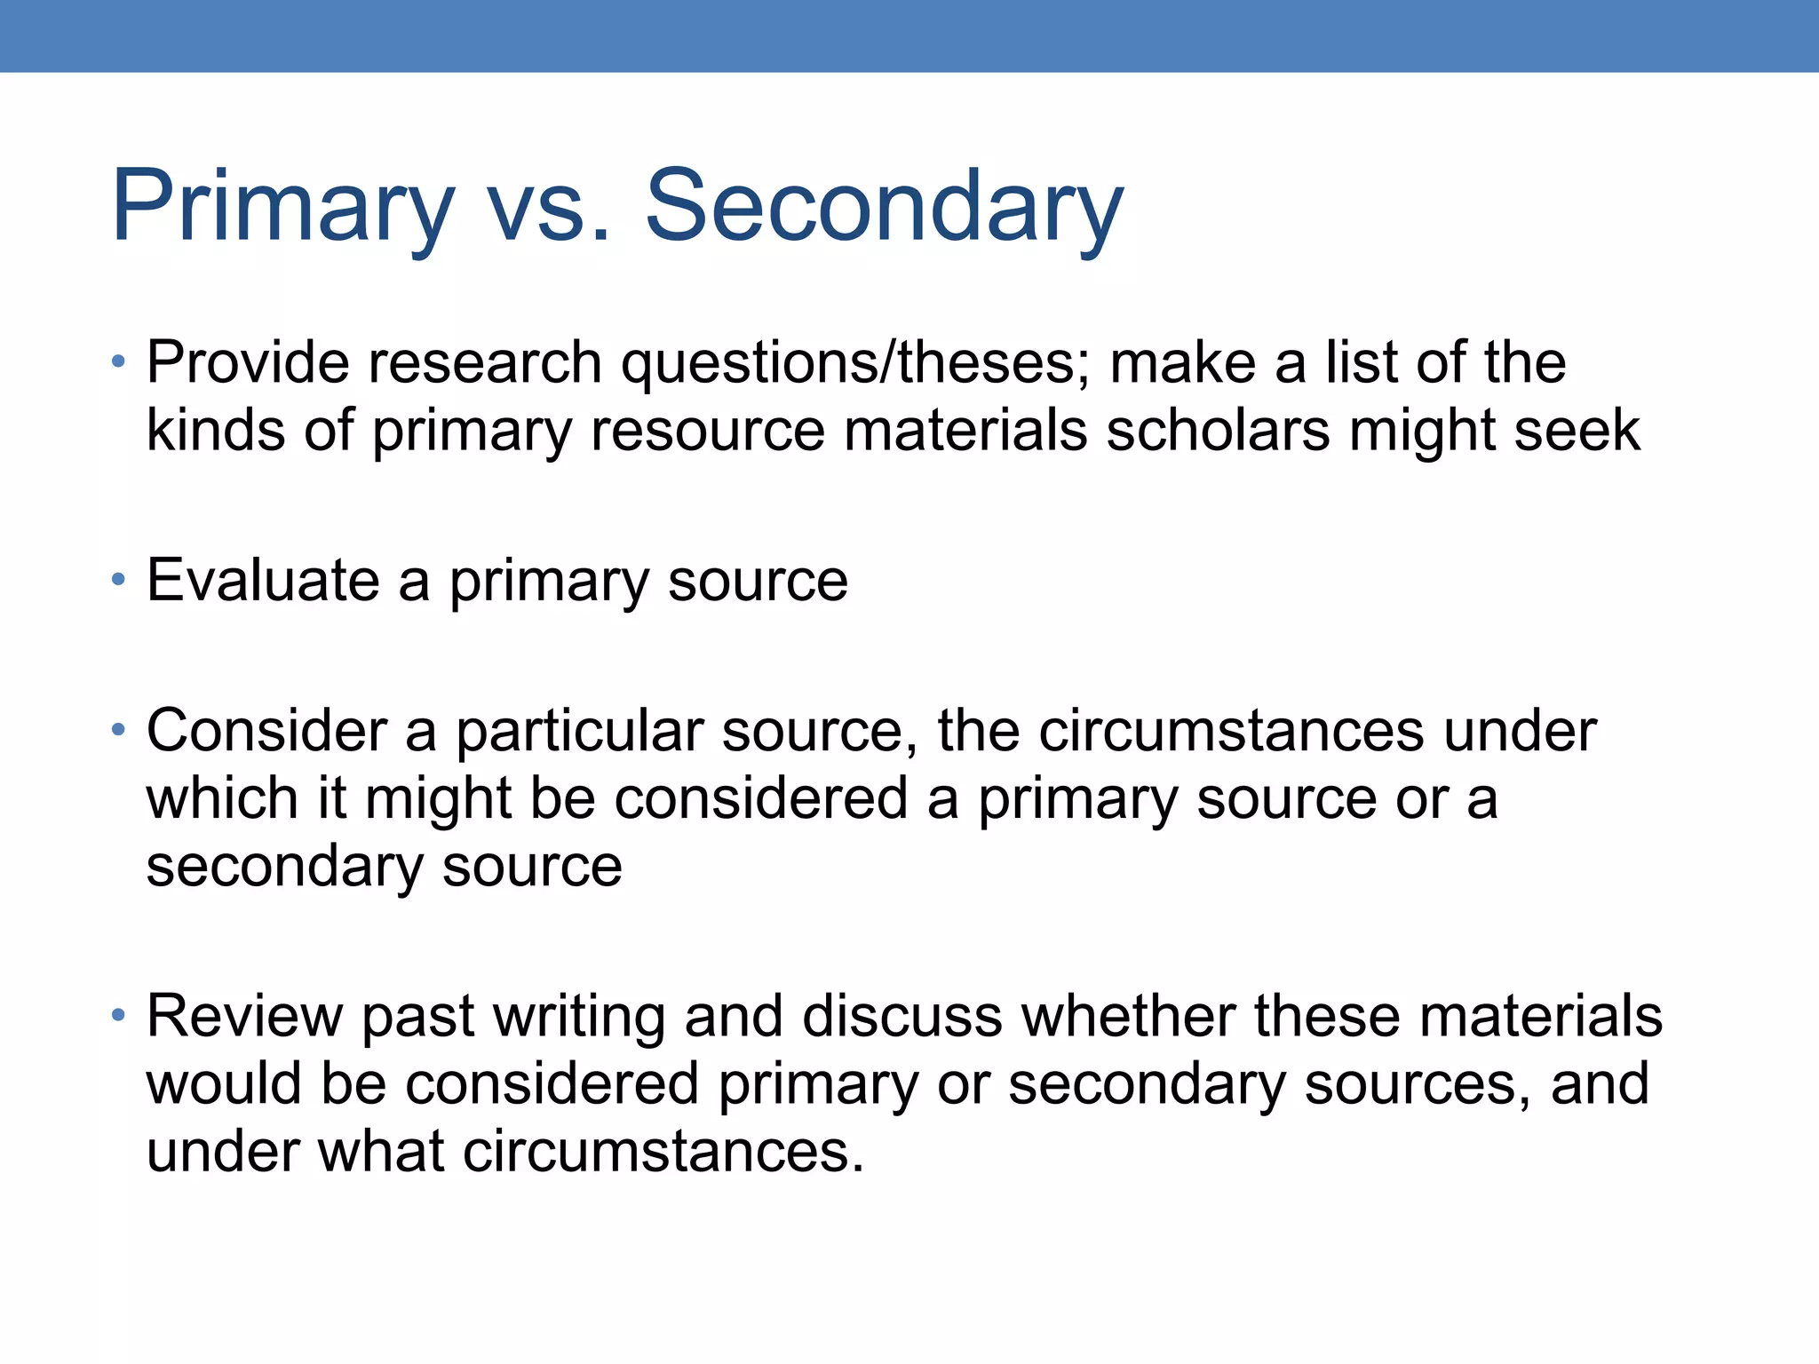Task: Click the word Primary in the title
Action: click(x=282, y=206)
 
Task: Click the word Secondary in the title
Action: click(x=884, y=206)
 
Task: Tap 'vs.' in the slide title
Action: click(x=550, y=206)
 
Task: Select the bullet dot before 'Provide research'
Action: click(x=118, y=361)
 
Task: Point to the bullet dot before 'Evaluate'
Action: click(x=118, y=580)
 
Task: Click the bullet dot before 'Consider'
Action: click(x=118, y=730)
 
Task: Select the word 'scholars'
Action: click(x=1218, y=431)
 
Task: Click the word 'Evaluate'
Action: click(x=263, y=581)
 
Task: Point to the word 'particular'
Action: click(x=579, y=732)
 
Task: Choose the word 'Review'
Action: click(x=244, y=1017)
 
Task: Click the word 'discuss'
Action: click(x=902, y=1017)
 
